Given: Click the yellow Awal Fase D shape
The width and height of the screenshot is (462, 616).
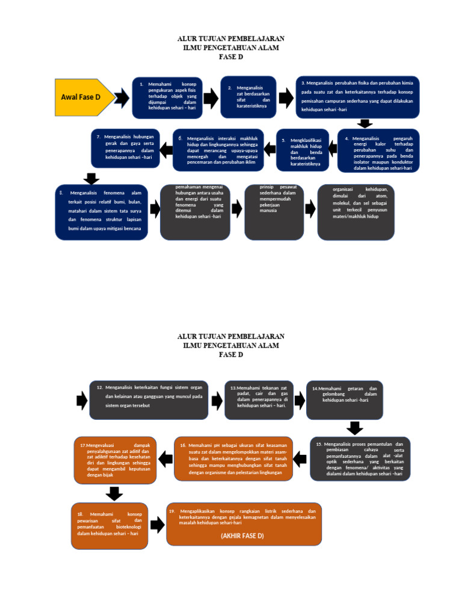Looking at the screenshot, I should point(84,97).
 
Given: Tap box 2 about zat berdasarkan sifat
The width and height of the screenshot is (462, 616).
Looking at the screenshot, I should point(248,96).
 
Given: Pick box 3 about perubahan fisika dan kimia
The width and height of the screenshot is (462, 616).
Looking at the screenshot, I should point(358,96).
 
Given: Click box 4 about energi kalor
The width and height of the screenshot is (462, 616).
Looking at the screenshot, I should point(378,150).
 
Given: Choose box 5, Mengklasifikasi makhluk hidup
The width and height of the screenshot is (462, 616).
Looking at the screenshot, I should point(303,150).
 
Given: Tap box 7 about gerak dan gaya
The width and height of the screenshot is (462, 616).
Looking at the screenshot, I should point(126,148).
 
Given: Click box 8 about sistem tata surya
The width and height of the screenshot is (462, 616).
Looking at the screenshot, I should point(100,212).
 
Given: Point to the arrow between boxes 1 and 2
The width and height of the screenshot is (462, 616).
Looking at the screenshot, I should point(211,97).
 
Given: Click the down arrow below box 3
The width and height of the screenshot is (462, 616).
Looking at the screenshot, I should point(364,123).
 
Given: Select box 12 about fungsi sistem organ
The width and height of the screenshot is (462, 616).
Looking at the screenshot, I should point(149,399).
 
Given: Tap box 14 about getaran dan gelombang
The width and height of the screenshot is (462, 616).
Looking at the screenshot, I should point(344,399).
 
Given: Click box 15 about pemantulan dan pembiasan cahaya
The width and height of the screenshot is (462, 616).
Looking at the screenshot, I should point(360,458).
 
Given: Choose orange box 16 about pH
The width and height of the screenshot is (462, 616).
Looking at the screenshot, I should point(233,458).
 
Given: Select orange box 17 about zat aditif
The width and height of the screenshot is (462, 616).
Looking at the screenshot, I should point(115,458).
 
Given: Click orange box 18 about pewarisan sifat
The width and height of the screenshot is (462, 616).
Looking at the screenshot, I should point(109,525).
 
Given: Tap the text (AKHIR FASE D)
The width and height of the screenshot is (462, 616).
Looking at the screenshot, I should point(242,535).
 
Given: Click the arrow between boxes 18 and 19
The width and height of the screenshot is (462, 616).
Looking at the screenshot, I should point(156,525).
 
